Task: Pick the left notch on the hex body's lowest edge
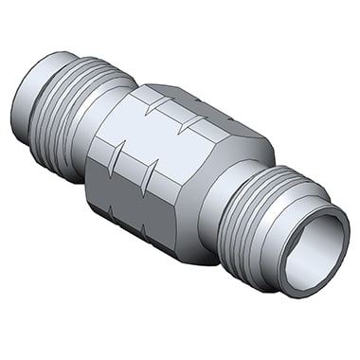(x=104, y=211)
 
